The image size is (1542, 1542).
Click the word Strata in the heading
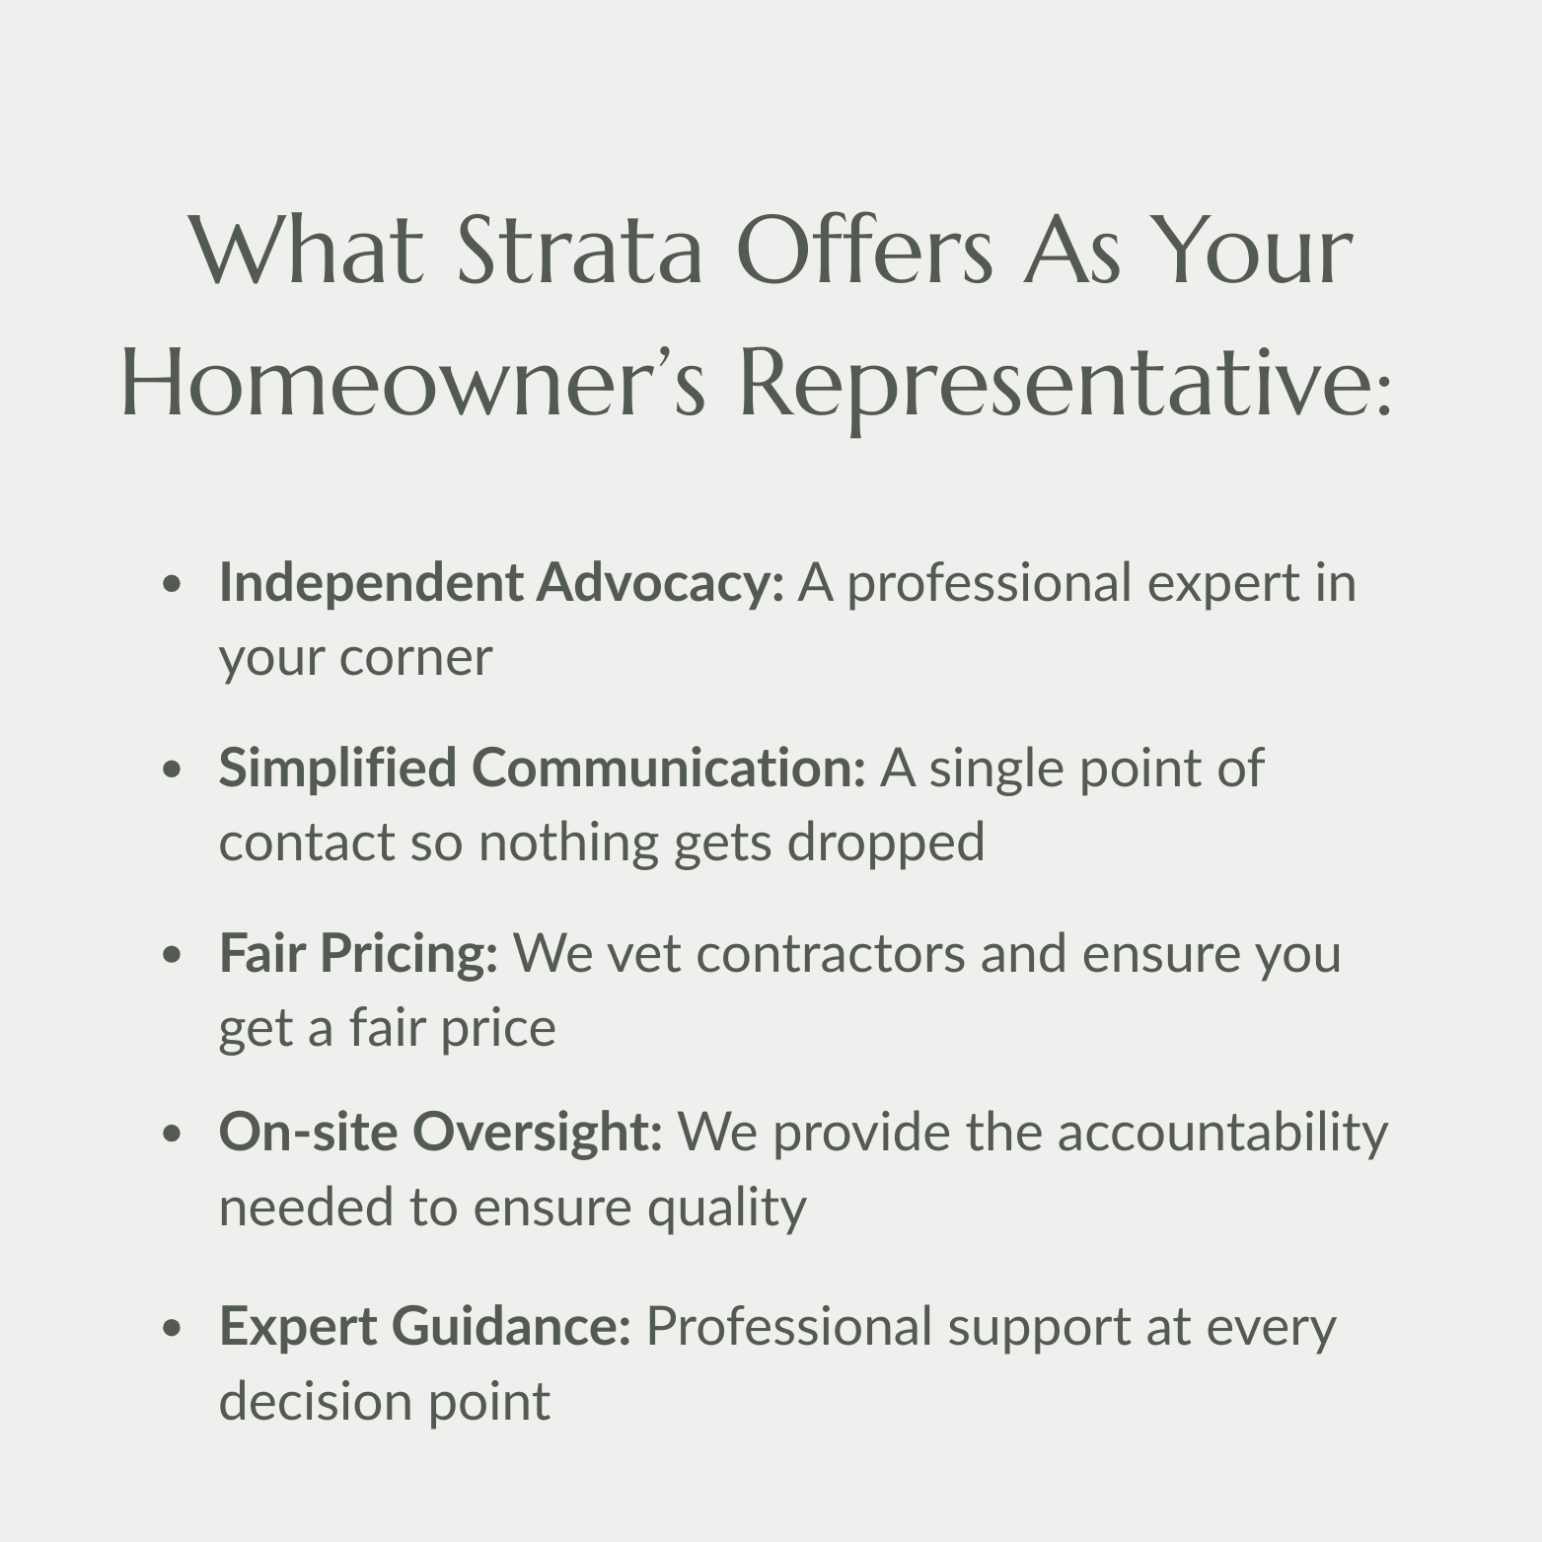pos(580,251)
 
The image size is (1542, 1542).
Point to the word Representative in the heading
pos(1053,385)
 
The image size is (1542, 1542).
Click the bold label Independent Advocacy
pos(500,582)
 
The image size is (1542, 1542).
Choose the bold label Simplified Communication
pos(542,768)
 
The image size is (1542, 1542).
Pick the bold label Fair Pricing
pos(358,953)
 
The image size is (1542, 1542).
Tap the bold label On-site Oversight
pos(440,1131)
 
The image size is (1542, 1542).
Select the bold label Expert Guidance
pos(424,1326)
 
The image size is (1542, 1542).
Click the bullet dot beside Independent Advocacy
pos(173,584)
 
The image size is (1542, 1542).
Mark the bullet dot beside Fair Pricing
pos(173,955)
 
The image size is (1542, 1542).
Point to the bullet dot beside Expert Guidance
pos(173,1328)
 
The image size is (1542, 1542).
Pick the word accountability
pos(1222,1132)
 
